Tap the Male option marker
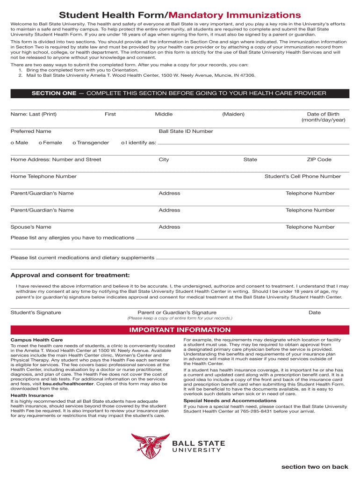click(x=12, y=143)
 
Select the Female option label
click(x=53, y=143)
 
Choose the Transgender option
click(x=93, y=143)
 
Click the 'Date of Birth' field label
click(x=323, y=114)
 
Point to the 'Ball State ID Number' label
click(x=186, y=131)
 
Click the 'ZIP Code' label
click(x=319, y=160)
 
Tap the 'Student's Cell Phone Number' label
click(x=302, y=176)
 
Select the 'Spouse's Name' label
click(x=31, y=227)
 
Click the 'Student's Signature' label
click(x=36, y=312)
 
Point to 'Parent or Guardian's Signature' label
click(x=177, y=312)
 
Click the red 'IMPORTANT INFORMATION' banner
click(x=180, y=330)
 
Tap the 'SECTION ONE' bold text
click(x=54, y=94)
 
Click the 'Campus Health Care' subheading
click(x=36, y=340)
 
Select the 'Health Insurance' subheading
click(x=32, y=395)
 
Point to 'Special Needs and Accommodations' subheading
click(x=230, y=401)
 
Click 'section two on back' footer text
click(x=315, y=467)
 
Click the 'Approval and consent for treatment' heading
click(x=70, y=275)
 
